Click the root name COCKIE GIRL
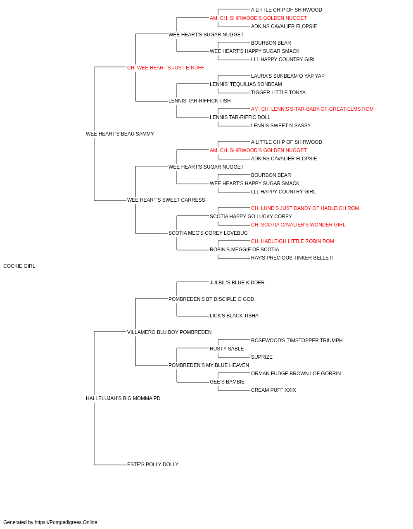[19, 266]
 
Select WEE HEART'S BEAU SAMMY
[120, 134]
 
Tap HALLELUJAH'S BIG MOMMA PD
[123, 398]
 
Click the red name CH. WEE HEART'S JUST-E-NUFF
[165, 68]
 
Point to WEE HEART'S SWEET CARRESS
[166, 200]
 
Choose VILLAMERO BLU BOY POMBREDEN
[169, 332]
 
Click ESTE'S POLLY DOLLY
[153, 465]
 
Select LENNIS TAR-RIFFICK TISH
[199, 101]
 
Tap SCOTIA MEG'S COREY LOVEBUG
[208, 233]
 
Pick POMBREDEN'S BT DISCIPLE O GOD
[211, 299]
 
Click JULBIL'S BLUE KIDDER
[237, 283]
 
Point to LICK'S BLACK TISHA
[234, 316]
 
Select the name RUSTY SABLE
[227, 349]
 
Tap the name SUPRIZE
[262, 357]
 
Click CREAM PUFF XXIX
[273, 390]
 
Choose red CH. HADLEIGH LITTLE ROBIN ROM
[292, 241]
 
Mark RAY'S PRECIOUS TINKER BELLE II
[292, 258]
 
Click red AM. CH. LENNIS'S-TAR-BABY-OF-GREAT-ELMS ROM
[312, 109]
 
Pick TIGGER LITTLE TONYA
[278, 93]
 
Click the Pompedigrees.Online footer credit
[50, 522]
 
